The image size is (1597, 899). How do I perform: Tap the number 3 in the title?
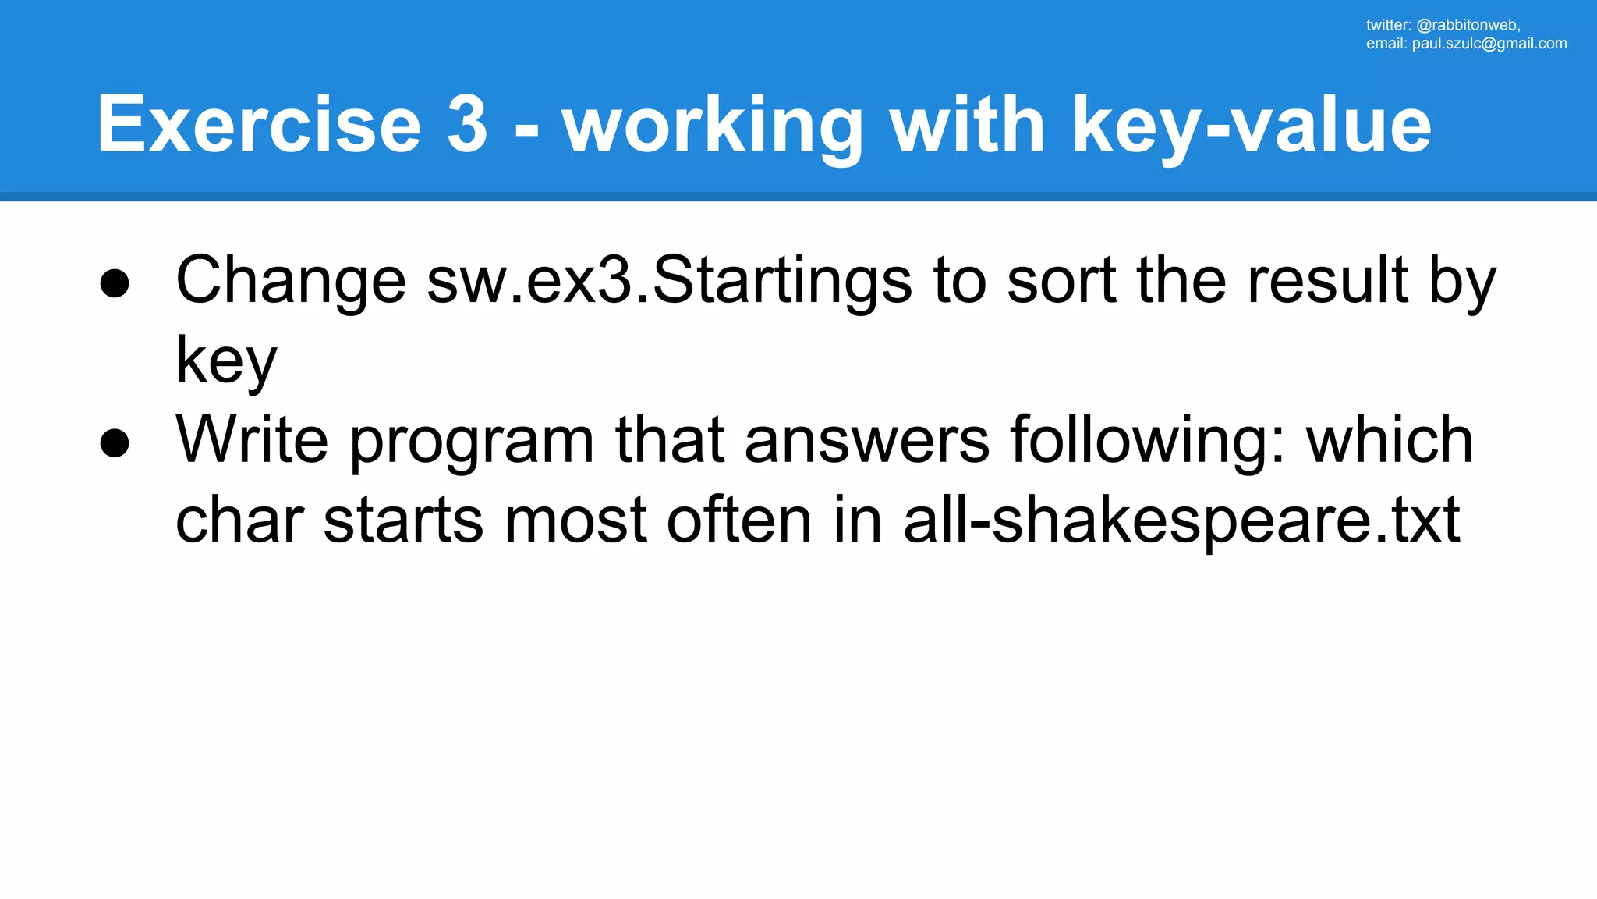click(x=467, y=125)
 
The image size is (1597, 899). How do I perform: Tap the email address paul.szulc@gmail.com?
click(x=1489, y=44)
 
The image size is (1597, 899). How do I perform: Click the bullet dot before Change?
click(x=115, y=283)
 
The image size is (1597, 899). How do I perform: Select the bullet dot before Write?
click(x=115, y=442)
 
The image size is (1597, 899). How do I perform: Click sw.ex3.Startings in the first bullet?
click(x=669, y=281)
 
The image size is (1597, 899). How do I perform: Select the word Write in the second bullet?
click(x=252, y=440)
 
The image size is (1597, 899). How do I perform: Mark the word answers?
click(x=867, y=442)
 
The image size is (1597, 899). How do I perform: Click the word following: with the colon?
click(x=1147, y=442)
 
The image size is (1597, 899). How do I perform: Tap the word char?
click(x=239, y=521)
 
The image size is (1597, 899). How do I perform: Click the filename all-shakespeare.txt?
click(x=1181, y=521)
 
